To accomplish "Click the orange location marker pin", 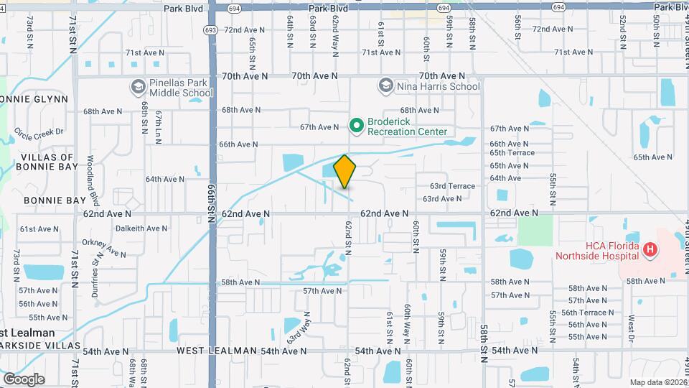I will [x=344, y=172].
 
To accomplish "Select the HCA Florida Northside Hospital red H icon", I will [x=650, y=250].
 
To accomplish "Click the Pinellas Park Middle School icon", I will [x=138, y=88].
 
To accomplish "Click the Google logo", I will [x=23, y=379].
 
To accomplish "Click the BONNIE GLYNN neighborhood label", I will [x=34, y=99].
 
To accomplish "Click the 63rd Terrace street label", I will [x=452, y=186].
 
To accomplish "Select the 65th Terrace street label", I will [x=512, y=152].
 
